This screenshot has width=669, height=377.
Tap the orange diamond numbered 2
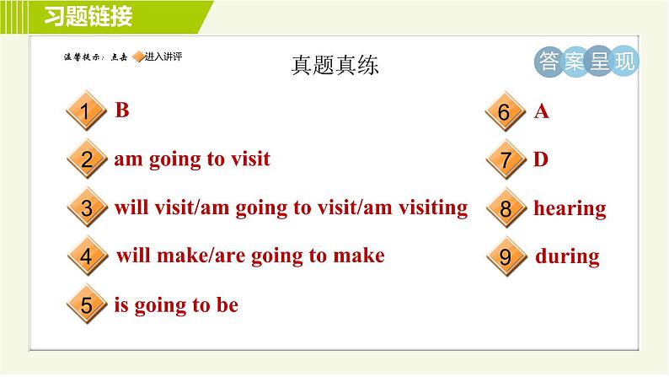(86, 161)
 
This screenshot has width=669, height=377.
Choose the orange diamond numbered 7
(505, 161)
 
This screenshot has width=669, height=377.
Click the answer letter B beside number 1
(122, 110)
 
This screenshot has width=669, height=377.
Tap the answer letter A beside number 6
(542, 111)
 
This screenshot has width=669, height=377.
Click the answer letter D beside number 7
(541, 159)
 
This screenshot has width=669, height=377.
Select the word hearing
(570, 208)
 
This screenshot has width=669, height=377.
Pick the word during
(567, 256)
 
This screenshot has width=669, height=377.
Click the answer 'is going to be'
(176, 304)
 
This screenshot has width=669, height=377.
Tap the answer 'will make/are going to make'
(249, 256)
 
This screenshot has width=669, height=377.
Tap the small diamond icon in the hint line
(138, 57)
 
